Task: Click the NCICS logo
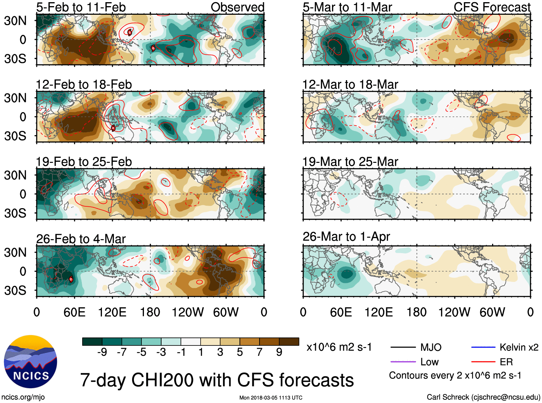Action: [x=31, y=361]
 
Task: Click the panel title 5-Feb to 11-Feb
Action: [x=81, y=7]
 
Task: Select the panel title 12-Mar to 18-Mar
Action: [x=350, y=84]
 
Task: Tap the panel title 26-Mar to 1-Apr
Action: [x=346, y=237]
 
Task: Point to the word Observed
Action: [x=237, y=7]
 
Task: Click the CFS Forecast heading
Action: [x=492, y=7]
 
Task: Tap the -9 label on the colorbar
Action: [x=102, y=352]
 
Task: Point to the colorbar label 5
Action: [x=240, y=352]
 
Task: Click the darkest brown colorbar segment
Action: [x=289, y=342]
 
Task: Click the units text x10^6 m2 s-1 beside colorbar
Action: [x=339, y=347]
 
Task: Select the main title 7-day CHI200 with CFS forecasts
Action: [x=217, y=380]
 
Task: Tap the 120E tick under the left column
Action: [x=112, y=312]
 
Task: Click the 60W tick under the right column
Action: [x=492, y=312]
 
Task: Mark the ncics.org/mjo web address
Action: [x=23, y=397]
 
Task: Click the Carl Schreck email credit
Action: [x=483, y=397]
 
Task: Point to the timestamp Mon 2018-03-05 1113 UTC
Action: [x=271, y=398]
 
